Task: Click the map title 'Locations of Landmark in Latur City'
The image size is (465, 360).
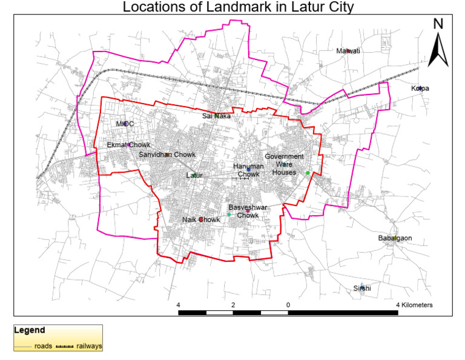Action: [x=237, y=7]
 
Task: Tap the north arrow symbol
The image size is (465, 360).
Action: [x=439, y=42]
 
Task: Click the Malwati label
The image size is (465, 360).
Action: [x=348, y=51]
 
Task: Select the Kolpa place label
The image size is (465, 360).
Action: [x=420, y=88]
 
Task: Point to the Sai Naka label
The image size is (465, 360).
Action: [x=216, y=116]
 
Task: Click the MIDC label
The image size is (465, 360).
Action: [x=125, y=124]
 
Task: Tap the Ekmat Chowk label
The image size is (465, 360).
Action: [x=128, y=145]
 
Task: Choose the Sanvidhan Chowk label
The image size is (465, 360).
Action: [x=167, y=155]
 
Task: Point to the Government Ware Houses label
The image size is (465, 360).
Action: [x=284, y=164]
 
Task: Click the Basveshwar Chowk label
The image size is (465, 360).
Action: [x=248, y=211]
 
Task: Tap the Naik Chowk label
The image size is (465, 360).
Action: [x=201, y=219]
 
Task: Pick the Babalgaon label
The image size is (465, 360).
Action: [x=395, y=238]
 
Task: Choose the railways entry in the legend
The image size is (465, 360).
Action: [x=88, y=346]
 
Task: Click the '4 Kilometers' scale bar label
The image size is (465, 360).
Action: [x=415, y=304]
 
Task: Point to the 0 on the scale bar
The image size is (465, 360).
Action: [x=288, y=304]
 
